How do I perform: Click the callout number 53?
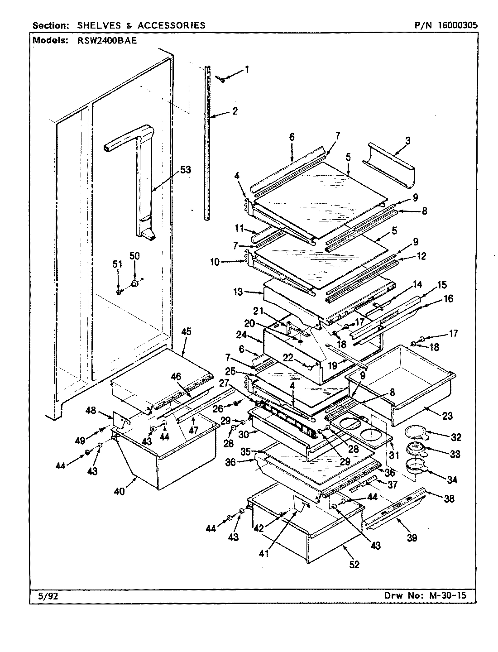coord(186,170)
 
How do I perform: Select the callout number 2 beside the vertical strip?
coord(235,111)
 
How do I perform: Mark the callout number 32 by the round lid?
coord(456,437)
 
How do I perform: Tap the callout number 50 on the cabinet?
coord(134,256)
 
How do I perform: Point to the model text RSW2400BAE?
coord(103,40)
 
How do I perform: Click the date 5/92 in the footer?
coord(45,596)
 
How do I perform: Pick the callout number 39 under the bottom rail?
coord(412,537)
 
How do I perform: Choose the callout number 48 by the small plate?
coord(91,411)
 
